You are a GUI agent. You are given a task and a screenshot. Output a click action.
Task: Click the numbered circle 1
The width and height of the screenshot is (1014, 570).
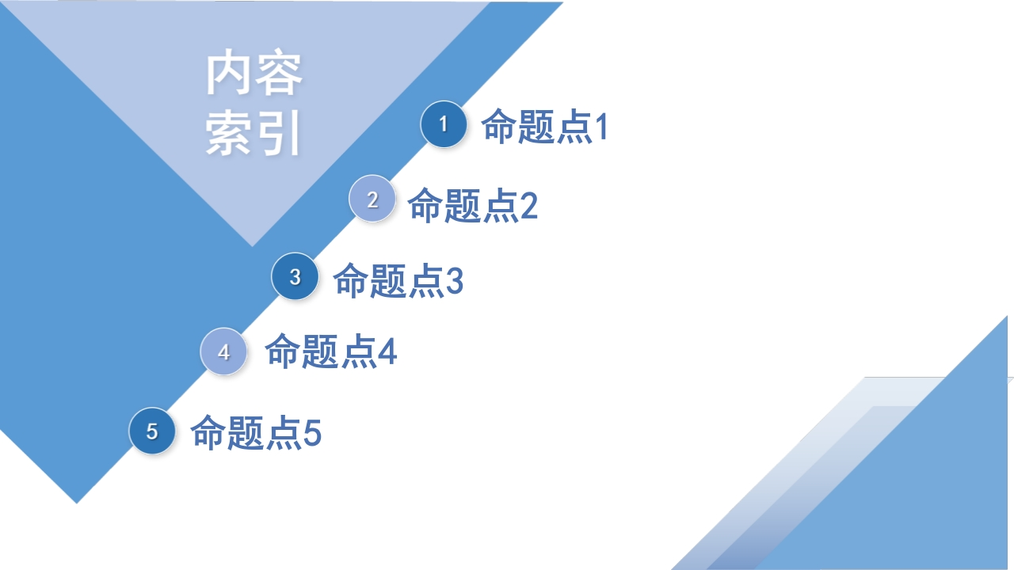[444, 124]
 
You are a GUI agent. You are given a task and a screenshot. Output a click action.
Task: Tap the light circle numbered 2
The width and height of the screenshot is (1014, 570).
[372, 199]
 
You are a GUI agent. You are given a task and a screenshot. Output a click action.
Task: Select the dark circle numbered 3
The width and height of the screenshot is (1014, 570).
[295, 276]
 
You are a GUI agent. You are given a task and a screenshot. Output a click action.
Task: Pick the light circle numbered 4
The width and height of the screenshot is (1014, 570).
[223, 351]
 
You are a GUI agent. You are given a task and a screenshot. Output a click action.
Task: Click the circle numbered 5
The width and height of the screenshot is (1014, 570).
[152, 431]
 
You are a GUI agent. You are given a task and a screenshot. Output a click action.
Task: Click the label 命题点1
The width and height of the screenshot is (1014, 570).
[544, 126]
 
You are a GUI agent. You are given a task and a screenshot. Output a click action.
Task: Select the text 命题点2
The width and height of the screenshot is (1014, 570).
[473, 205]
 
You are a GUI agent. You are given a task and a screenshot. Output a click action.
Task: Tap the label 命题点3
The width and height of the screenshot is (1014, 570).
[398, 280]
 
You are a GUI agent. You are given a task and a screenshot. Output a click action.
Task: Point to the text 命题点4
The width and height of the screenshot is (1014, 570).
[331, 351]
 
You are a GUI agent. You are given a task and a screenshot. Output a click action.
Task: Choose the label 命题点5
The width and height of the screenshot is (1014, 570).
[256, 432]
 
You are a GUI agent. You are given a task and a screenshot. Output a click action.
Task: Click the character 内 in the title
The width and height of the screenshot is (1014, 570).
[228, 74]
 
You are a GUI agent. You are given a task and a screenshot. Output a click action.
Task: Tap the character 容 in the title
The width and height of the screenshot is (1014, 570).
[278, 74]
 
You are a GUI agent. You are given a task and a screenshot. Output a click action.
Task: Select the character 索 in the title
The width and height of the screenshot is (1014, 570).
[228, 133]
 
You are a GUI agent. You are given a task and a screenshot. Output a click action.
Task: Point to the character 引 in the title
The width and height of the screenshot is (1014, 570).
[278, 133]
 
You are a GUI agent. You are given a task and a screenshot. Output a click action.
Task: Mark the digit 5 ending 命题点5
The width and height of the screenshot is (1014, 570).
[312, 432]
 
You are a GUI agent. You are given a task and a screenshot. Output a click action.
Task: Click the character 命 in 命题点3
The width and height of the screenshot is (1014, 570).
[350, 280]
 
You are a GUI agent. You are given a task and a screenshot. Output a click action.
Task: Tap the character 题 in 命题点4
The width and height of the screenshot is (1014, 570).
[320, 351]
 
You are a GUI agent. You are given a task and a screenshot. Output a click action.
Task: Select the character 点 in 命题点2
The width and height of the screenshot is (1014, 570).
[501, 205]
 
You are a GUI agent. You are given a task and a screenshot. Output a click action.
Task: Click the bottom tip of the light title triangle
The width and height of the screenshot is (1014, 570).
[252, 246]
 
